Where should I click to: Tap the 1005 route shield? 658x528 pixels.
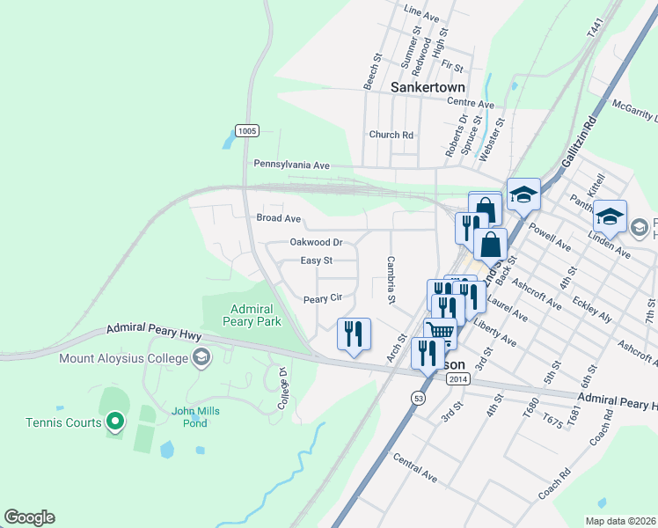(x=247, y=131)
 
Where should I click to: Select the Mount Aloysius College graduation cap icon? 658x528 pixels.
(x=201, y=357)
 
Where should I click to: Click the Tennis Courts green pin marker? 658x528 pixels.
(x=114, y=423)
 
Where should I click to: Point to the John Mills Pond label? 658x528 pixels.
(x=195, y=416)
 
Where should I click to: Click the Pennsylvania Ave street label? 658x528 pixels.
(x=291, y=165)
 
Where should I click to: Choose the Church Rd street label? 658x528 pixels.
(x=391, y=135)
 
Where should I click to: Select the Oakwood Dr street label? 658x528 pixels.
(x=316, y=242)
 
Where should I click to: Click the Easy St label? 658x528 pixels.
(x=316, y=260)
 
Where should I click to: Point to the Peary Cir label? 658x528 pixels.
(x=321, y=299)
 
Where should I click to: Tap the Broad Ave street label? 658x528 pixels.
(x=278, y=218)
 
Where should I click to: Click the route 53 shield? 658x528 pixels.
(x=416, y=397)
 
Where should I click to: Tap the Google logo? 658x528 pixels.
(x=29, y=517)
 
